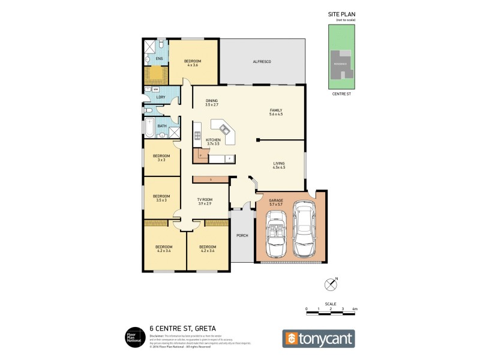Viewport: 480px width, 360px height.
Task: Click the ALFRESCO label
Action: tap(262, 62)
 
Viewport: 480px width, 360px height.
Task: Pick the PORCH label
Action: tap(242, 235)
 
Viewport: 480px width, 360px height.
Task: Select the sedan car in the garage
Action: tap(305, 227)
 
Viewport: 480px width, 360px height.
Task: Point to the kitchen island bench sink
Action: tap(225, 128)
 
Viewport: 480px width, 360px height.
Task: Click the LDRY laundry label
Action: tap(160, 97)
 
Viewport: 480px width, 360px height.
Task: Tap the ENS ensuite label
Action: tap(159, 59)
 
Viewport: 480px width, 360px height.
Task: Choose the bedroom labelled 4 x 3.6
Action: tap(193, 63)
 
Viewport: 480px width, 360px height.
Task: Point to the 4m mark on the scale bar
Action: tap(355, 308)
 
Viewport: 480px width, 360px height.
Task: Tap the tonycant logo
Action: tap(319, 338)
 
